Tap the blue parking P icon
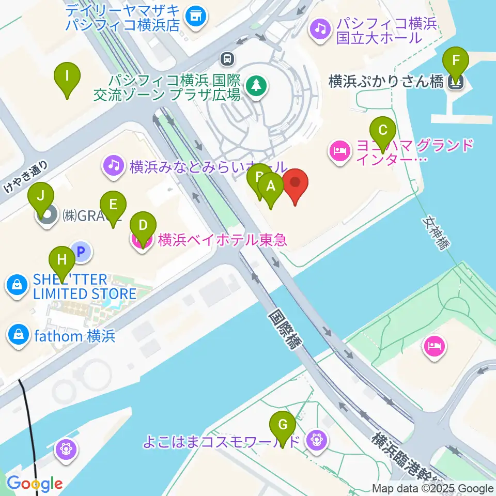tap(81, 252)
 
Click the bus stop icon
tap(227, 58)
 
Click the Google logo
tap(35, 483)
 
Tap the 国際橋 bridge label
tap(283, 330)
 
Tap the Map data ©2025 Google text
tap(433, 488)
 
